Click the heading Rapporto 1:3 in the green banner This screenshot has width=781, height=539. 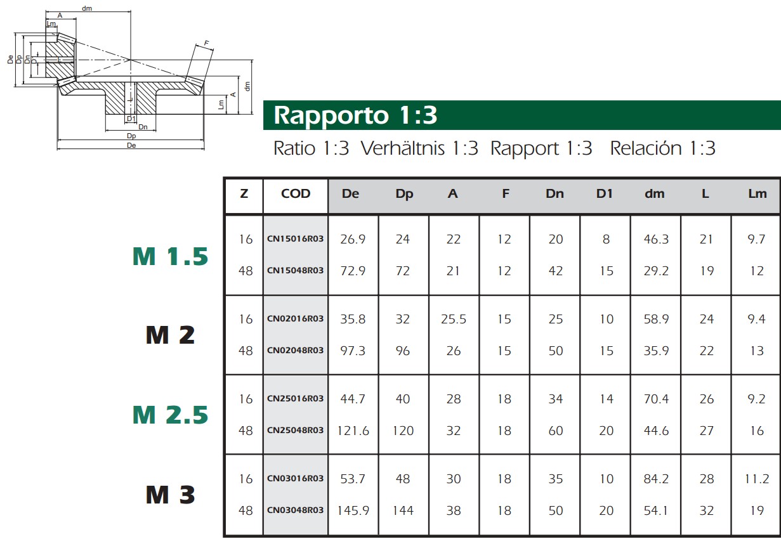[355, 115]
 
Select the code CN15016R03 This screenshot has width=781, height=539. [295, 238]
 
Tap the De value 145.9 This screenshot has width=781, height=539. [353, 510]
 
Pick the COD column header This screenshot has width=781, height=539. [296, 193]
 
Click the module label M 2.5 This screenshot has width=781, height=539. [170, 415]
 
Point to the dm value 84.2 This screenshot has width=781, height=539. [656, 479]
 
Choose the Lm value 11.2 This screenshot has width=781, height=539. [757, 479]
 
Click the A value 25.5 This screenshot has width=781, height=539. [453, 319]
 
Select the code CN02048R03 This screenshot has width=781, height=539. [295, 350]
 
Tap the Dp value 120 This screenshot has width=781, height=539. [403, 431]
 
